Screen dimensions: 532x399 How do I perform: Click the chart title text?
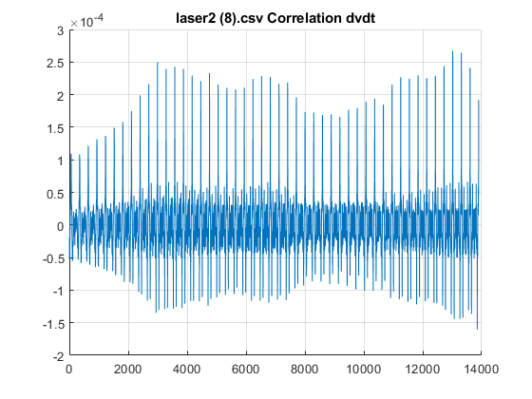275,18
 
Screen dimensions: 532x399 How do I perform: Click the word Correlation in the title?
304,18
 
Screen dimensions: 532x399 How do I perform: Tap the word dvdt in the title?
360,18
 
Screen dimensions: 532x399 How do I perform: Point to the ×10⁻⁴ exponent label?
86,21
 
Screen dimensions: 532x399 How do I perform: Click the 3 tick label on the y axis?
61,30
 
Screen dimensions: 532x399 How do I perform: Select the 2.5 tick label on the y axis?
55,63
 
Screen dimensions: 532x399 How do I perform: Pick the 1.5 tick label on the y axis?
55,128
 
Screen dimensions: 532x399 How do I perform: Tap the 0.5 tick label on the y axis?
55,194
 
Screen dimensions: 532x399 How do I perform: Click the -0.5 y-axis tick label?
53,258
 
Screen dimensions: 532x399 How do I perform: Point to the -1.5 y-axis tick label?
53,324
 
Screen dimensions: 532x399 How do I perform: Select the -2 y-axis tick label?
58,356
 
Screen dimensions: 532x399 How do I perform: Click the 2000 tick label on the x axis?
127,370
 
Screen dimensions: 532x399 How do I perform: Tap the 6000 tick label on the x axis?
245,370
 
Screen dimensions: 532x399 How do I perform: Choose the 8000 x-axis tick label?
304,370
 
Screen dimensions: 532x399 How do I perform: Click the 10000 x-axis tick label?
363,370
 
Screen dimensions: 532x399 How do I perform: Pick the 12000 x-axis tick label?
423,370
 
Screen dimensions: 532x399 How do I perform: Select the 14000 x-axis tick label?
482,370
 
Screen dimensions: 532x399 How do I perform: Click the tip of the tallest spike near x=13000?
452,51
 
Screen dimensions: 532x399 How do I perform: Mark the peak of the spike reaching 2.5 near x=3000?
158,63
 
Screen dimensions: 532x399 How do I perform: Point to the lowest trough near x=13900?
477,329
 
